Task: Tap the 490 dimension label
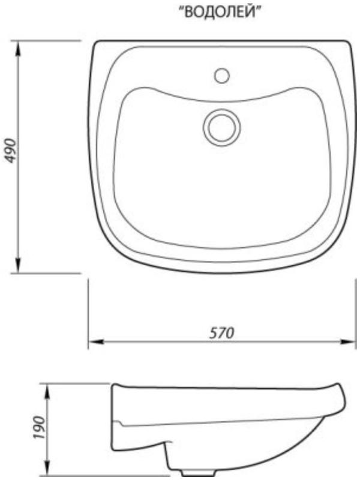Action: click(x=11, y=151)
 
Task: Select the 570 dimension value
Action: click(x=221, y=333)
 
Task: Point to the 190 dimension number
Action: click(x=39, y=427)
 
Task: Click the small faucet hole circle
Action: click(x=222, y=76)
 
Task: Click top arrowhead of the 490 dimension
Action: click(x=18, y=49)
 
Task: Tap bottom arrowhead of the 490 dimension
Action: click(x=18, y=265)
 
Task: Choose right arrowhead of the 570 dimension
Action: click(x=347, y=341)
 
